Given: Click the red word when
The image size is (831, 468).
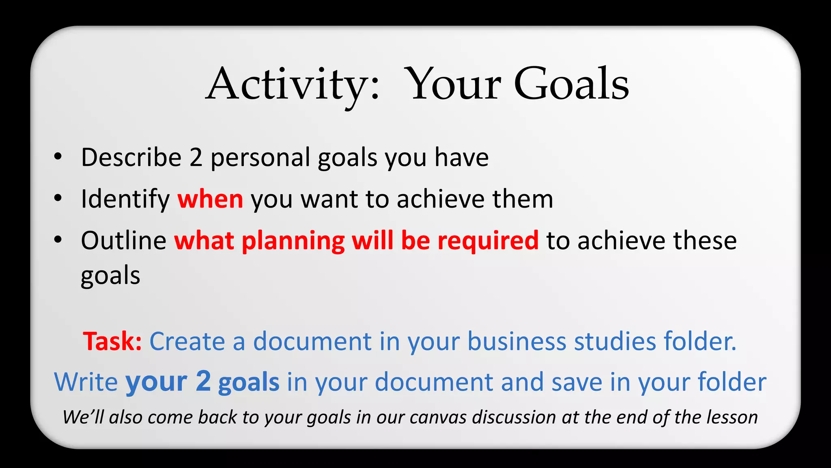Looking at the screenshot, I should click(x=210, y=199).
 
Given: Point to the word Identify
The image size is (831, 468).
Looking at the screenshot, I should click(x=125, y=199).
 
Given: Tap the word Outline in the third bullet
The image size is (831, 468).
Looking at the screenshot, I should click(x=123, y=240).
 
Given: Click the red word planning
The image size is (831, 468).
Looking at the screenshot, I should click(x=293, y=241).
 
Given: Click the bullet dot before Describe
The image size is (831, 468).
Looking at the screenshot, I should click(x=58, y=156).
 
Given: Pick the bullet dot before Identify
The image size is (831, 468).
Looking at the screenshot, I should click(x=58, y=198).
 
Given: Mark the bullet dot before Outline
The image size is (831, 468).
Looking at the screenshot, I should click(x=58, y=240).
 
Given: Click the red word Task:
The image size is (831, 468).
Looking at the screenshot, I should click(x=112, y=341).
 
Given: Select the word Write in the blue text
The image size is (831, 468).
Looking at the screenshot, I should click(x=86, y=382).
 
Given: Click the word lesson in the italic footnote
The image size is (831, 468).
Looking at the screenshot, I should click(x=732, y=418).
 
